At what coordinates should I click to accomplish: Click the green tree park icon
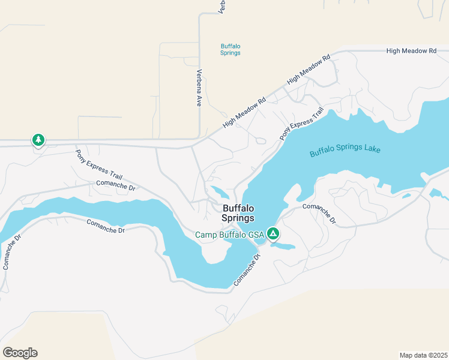(x=38, y=140)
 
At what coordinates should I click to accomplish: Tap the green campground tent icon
(x=273, y=233)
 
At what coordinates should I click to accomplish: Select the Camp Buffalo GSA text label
(x=231, y=235)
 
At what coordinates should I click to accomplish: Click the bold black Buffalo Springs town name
(x=238, y=213)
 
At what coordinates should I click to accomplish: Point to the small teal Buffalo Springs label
(x=231, y=49)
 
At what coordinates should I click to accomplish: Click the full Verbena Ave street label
(x=199, y=88)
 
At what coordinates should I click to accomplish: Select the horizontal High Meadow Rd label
(x=411, y=51)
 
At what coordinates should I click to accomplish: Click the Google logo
(x=20, y=353)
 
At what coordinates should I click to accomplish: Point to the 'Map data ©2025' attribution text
(x=423, y=355)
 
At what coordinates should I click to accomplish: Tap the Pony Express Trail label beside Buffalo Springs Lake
(x=301, y=124)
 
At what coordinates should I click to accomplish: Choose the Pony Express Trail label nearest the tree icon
(x=99, y=164)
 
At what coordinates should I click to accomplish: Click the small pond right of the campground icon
(x=283, y=246)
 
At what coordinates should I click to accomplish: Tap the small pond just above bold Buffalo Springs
(x=219, y=193)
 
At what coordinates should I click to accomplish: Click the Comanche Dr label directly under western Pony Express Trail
(x=116, y=187)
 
